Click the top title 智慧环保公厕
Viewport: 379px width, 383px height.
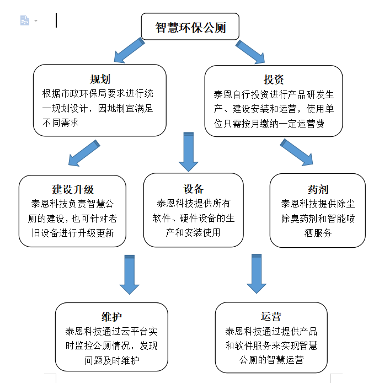click(x=190, y=28)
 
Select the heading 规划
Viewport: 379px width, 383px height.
click(x=100, y=79)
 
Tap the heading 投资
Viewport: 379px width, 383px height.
click(x=274, y=79)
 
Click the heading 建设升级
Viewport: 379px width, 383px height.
click(x=73, y=189)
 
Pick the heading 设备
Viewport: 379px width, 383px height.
click(x=194, y=189)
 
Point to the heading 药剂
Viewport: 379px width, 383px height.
click(x=318, y=189)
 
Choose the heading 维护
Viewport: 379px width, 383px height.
click(x=111, y=317)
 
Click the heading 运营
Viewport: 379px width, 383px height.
click(x=271, y=316)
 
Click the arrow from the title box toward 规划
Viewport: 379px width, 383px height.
click(x=130, y=50)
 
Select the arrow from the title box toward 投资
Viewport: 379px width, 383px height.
click(x=250, y=52)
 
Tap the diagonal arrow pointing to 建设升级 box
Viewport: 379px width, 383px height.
click(x=84, y=153)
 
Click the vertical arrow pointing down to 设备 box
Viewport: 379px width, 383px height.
click(x=189, y=152)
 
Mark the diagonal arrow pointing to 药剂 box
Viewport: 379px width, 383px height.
click(x=296, y=152)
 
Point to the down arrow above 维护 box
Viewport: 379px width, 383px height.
click(x=130, y=275)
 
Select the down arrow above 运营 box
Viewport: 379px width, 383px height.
click(x=257, y=274)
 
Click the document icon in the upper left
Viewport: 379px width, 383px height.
click(x=25, y=20)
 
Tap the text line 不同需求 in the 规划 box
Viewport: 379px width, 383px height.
click(x=60, y=123)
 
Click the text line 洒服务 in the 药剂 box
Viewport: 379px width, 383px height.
click(x=318, y=233)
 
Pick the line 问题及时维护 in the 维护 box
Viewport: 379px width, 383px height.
click(x=112, y=360)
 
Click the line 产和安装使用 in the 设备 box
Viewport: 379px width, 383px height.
click(x=193, y=232)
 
